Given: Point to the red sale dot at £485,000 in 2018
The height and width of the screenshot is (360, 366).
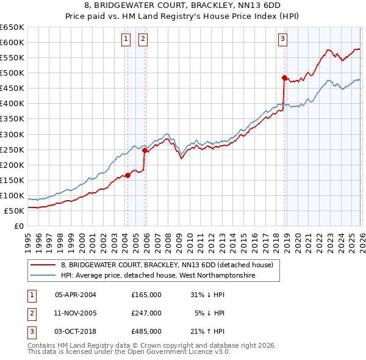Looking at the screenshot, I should tap(284, 77).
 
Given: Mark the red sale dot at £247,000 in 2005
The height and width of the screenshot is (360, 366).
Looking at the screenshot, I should tap(145, 150).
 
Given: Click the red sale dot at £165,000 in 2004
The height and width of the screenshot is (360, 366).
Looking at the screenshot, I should tap(127, 175).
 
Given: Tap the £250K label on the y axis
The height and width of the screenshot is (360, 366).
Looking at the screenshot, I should tap(12, 149).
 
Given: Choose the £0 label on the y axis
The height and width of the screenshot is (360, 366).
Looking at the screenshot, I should tap(18, 226).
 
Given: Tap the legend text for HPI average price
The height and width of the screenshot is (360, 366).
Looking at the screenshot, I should tap(157, 276).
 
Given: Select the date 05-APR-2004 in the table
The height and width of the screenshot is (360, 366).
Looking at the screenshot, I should tap(75, 295).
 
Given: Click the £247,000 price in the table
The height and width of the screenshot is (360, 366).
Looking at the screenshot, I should tap(146, 313).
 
